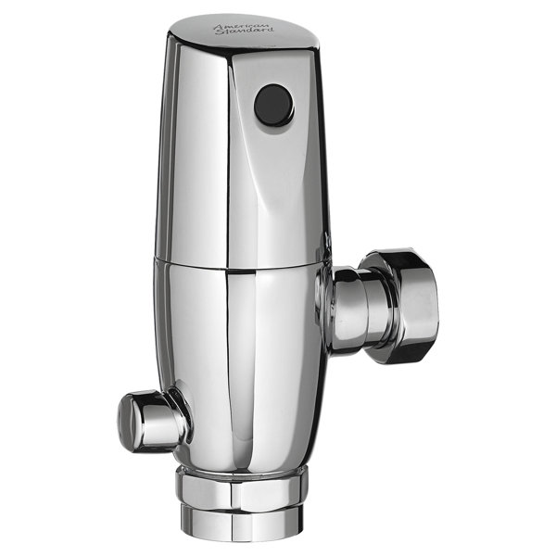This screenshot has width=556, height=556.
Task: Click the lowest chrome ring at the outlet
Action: [x=239, y=519]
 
